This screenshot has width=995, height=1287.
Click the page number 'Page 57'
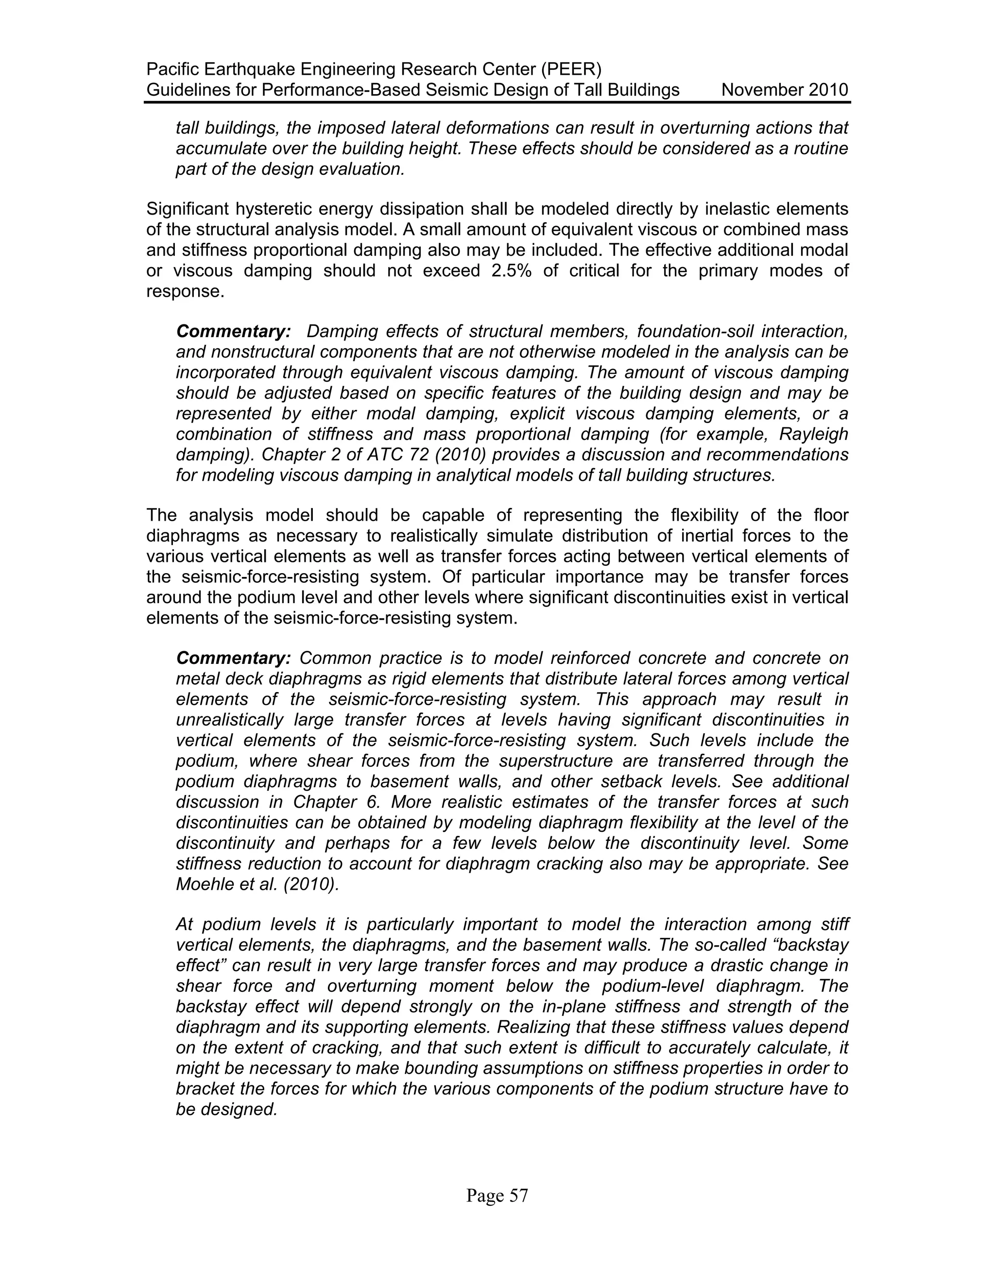point(497,1196)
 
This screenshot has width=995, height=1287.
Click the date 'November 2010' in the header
point(784,90)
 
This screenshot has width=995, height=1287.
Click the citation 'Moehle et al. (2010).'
point(257,884)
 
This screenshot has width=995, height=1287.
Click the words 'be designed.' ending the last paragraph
point(226,1110)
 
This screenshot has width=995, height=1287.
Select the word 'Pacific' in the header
point(172,69)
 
